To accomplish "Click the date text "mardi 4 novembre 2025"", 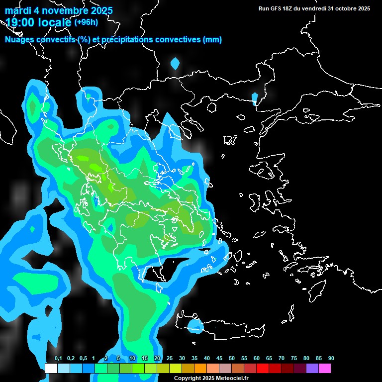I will click(59, 10).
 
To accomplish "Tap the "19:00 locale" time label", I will click(38, 22).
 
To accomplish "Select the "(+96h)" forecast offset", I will click(86, 22).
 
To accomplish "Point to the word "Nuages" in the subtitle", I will click(19, 40).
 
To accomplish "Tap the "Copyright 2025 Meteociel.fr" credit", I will click(211, 378).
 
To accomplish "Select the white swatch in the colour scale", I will click(51, 368).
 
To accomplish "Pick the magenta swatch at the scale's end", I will click(325, 368).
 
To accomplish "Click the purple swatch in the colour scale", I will click(312, 368).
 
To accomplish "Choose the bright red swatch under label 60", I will click(263, 368).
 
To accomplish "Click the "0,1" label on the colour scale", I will click(58, 359).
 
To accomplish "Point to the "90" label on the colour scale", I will click(331, 359).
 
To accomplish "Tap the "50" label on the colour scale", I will click(232, 359).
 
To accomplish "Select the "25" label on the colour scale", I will click(170, 359).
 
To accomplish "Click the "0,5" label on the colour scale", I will click(83, 359).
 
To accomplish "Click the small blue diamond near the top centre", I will click(175, 64).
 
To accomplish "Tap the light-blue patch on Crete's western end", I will click(196, 326).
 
